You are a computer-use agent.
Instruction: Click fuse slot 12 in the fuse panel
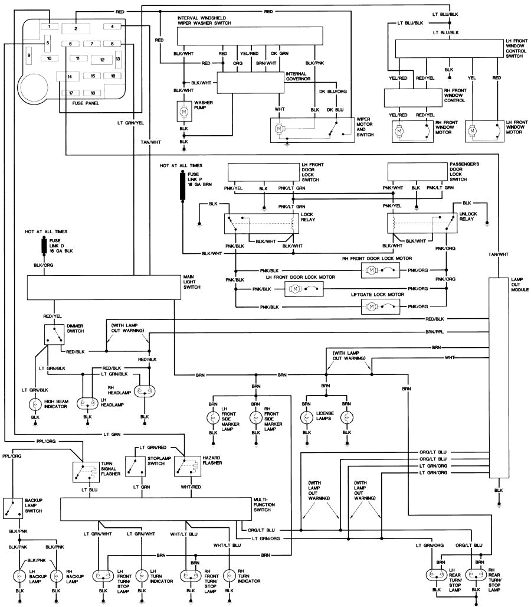[x=102, y=60]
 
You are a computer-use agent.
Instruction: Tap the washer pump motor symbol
[x=183, y=110]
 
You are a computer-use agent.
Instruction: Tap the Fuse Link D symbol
[x=44, y=244]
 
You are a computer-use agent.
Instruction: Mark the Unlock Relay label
[x=468, y=218]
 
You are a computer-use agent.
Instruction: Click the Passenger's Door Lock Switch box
[x=417, y=171]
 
